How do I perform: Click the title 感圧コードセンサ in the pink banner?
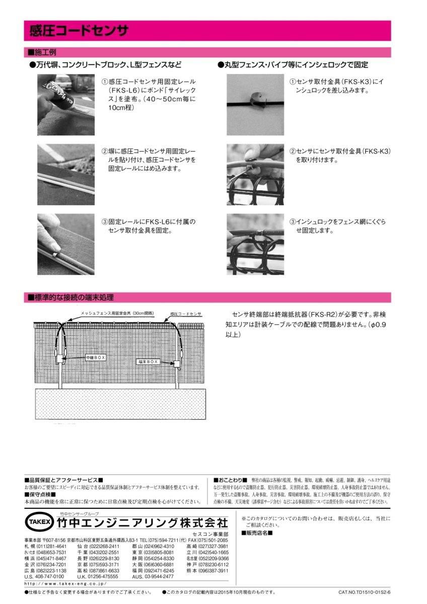[78, 31]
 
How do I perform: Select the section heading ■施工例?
[42, 52]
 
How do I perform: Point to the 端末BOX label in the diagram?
[148, 361]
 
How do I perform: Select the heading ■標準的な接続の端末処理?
[70, 297]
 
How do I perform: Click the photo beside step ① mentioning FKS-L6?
[65, 105]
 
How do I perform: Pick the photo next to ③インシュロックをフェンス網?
[255, 244]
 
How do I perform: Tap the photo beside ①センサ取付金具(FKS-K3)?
[255, 105]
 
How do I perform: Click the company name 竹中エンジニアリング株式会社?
[143, 522]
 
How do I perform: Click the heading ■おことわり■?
[230, 480]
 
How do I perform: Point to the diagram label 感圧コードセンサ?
[186, 314]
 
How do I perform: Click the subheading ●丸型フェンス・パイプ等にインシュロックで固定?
[293, 65]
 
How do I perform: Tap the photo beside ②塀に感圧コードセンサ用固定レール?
[65, 174]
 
